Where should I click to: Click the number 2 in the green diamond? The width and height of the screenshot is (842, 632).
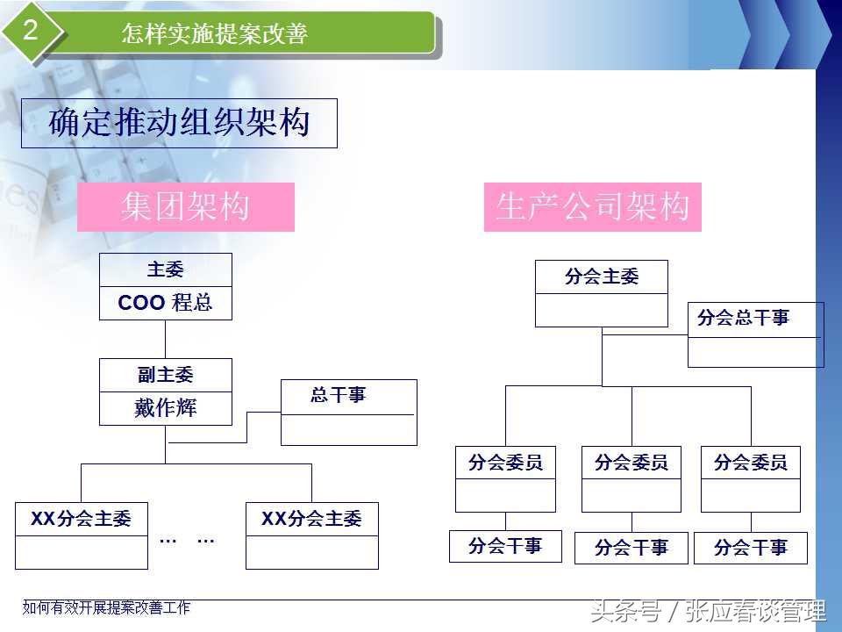tap(31, 32)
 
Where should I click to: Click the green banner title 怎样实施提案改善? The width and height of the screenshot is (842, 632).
tap(215, 34)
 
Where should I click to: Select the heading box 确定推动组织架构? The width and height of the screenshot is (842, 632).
tap(179, 123)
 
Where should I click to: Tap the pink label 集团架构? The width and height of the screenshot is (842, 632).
tap(186, 207)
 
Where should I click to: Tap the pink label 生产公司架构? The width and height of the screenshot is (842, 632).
tap(593, 207)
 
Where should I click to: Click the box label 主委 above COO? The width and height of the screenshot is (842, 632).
tap(165, 269)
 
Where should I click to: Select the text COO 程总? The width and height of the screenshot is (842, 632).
tap(165, 304)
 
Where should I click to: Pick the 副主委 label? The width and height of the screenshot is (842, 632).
tap(165, 375)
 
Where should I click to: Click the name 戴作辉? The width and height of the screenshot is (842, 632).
tap(165, 408)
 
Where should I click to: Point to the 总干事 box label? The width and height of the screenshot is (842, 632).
tap(339, 396)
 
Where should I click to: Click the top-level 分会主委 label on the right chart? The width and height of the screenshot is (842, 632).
tap(602, 277)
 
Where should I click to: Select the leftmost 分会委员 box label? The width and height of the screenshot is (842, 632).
tap(505, 462)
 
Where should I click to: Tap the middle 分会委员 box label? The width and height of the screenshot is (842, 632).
tap(631, 462)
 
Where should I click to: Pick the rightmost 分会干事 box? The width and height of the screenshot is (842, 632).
tap(751, 548)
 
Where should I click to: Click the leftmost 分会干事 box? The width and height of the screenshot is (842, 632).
tap(505, 546)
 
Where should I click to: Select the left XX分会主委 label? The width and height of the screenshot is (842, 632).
tap(81, 519)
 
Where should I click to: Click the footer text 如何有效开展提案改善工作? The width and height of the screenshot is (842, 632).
tap(106, 607)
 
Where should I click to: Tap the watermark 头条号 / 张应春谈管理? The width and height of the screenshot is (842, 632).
tap(708, 611)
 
